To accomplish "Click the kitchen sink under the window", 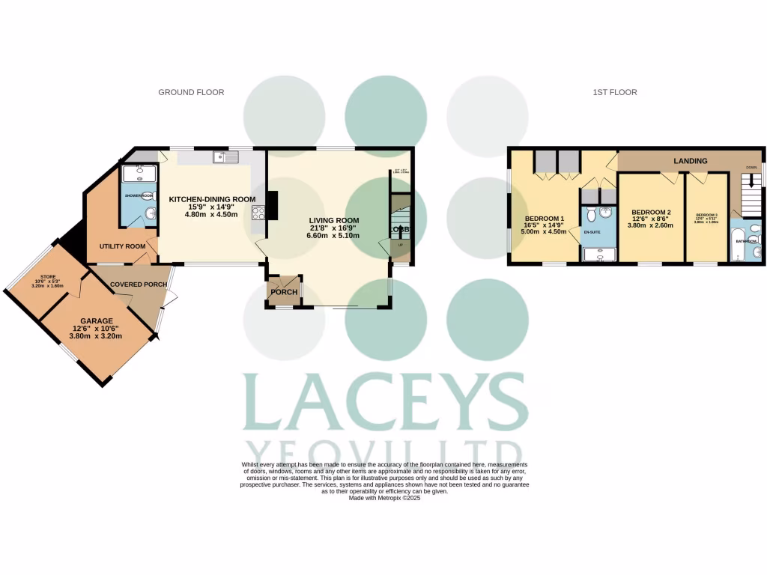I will pos(225,157).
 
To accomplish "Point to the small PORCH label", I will pos(284,292).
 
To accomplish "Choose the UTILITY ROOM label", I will pos(122,246).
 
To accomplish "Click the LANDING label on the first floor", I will pos(691,161).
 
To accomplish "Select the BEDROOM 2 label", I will pos(650,212).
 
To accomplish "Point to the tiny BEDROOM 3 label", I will pos(706,215).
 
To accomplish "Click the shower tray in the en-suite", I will pos(598,256).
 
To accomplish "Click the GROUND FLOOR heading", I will pos(191,93).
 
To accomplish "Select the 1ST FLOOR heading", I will pos(614,93).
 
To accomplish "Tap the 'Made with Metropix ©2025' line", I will pos(384,498).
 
